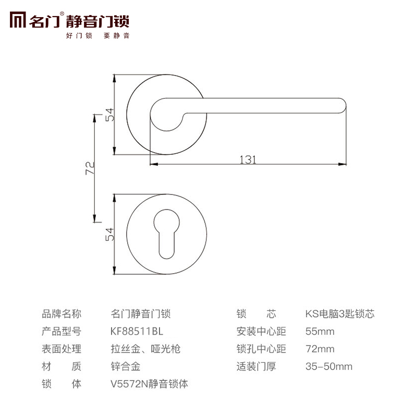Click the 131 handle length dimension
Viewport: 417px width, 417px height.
point(248,160)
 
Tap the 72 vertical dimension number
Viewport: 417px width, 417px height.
point(89,168)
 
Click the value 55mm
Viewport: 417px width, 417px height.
point(320,332)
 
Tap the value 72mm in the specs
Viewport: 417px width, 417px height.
point(320,349)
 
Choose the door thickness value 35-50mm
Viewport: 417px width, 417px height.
point(328,366)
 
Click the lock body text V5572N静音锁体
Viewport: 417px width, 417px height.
point(149,384)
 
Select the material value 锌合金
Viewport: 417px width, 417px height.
point(126,366)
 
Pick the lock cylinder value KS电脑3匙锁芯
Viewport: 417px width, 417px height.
point(339,314)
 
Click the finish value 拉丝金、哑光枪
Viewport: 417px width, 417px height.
point(146,349)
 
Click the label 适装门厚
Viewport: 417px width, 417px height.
point(256,366)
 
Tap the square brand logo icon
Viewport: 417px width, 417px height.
point(19,21)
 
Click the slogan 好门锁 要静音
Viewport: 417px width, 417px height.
point(97,36)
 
